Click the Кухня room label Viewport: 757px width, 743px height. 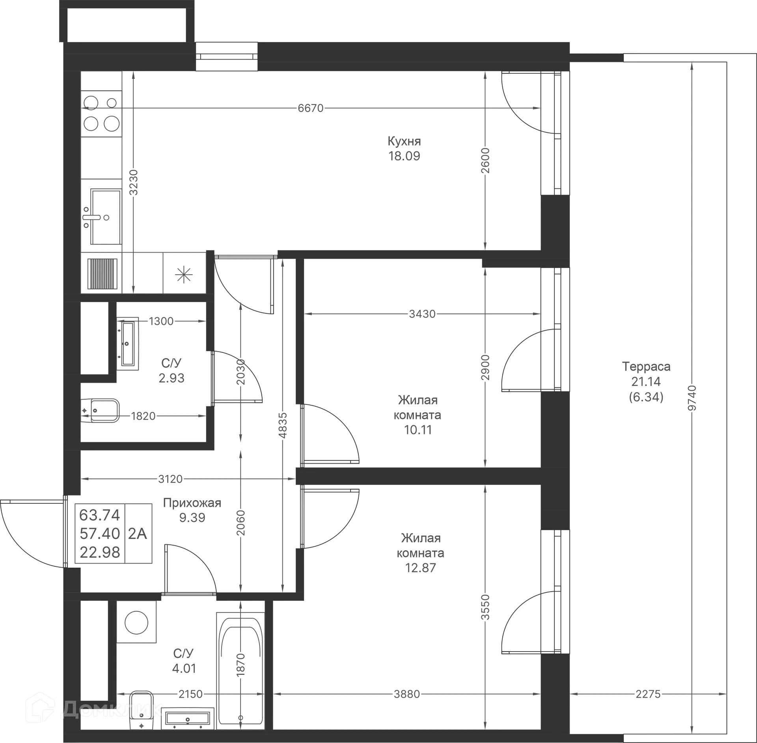click(405, 141)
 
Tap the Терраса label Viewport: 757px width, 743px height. click(646, 366)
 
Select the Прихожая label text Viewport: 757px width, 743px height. click(193, 503)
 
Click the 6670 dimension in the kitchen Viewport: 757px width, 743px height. click(311, 107)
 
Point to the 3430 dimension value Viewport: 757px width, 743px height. click(423, 314)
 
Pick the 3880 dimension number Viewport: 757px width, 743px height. click(407, 693)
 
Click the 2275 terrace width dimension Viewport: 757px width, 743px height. click(648, 693)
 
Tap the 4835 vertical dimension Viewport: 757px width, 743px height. click(283, 426)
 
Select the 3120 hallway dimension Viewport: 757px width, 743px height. click(170, 479)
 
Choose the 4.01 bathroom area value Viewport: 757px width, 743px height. click(183, 669)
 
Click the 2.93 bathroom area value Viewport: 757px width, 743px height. click(172, 378)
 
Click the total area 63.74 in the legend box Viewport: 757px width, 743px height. click(100, 515)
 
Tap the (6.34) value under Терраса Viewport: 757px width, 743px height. click(646, 397)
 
